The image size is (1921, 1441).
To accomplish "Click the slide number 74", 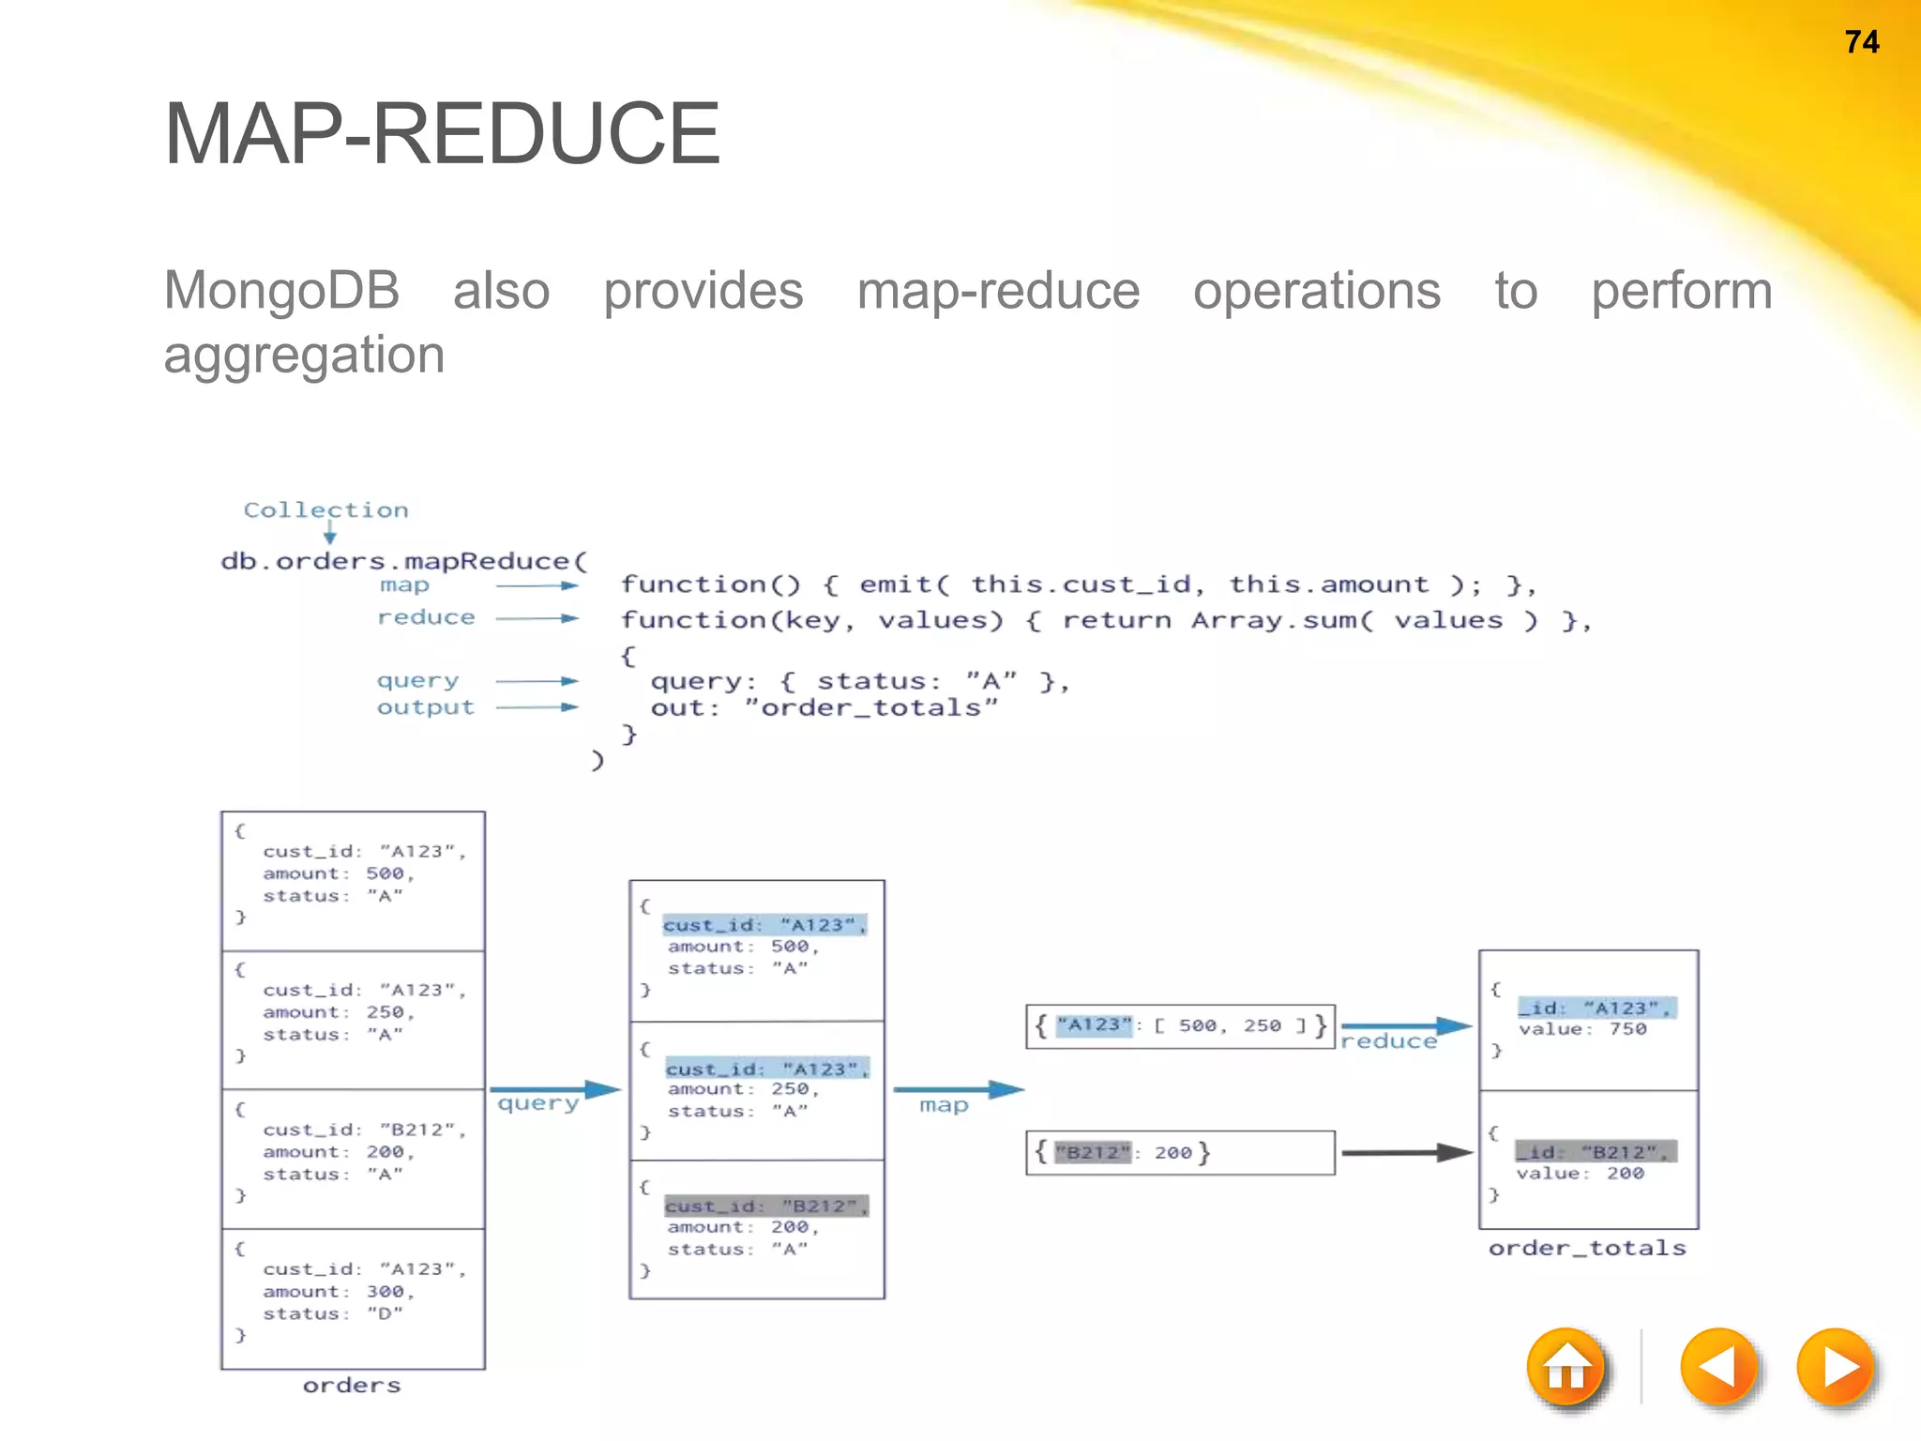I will tap(1861, 42).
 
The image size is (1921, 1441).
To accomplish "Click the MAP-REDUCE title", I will tap(442, 134).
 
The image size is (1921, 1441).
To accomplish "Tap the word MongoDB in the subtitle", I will tap(281, 290).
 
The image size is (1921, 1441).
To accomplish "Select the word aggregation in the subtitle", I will tap(304, 355).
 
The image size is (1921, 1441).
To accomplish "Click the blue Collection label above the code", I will tap(325, 509).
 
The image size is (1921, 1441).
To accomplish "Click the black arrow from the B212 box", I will tap(1406, 1152).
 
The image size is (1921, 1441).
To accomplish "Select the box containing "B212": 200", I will tap(1179, 1152).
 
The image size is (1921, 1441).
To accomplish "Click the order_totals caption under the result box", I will tap(1587, 1248).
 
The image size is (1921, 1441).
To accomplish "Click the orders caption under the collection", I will tap(352, 1385).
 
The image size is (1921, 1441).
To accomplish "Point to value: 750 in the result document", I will tap(1582, 1029).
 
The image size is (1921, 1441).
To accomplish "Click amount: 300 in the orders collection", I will tap(338, 1292).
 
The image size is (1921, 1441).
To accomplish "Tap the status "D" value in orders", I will tap(385, 1313).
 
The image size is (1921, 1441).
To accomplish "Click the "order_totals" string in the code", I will tap(870, 707).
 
